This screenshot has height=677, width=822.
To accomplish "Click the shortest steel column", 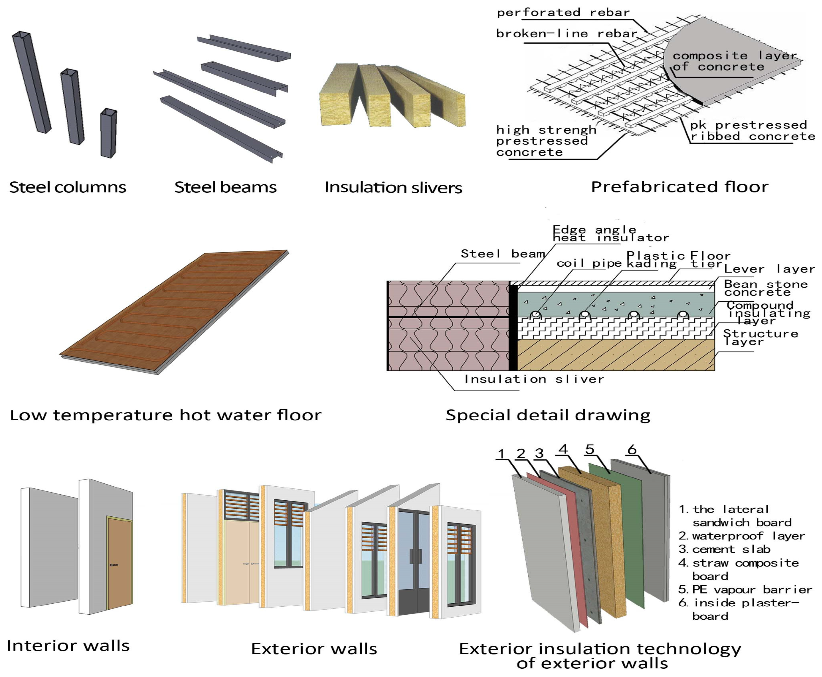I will click(x=108, y=133).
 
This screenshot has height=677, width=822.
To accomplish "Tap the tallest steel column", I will click(x=31, y=82).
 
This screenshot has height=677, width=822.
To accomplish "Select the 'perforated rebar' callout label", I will click(x=563, y=12).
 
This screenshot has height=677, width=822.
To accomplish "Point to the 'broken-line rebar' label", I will click(x=566, y=34).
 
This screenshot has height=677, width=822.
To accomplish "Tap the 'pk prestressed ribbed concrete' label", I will click(x=752, y=131).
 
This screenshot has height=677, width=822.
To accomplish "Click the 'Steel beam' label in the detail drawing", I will click(x=502, y=254).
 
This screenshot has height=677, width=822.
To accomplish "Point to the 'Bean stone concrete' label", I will click(x=765, y=288).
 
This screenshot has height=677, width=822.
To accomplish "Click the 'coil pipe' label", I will click(x=589, y=263).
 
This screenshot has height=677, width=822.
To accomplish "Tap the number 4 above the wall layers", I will click(x=563, y=449).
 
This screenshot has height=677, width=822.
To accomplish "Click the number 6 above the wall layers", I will click(x=632, y=449).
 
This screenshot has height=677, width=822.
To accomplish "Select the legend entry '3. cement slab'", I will click(x=724, y=549).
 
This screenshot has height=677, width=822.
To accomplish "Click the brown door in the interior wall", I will click(x=119, y=564).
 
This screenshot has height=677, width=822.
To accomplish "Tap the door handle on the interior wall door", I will click(x=113, y=565).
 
